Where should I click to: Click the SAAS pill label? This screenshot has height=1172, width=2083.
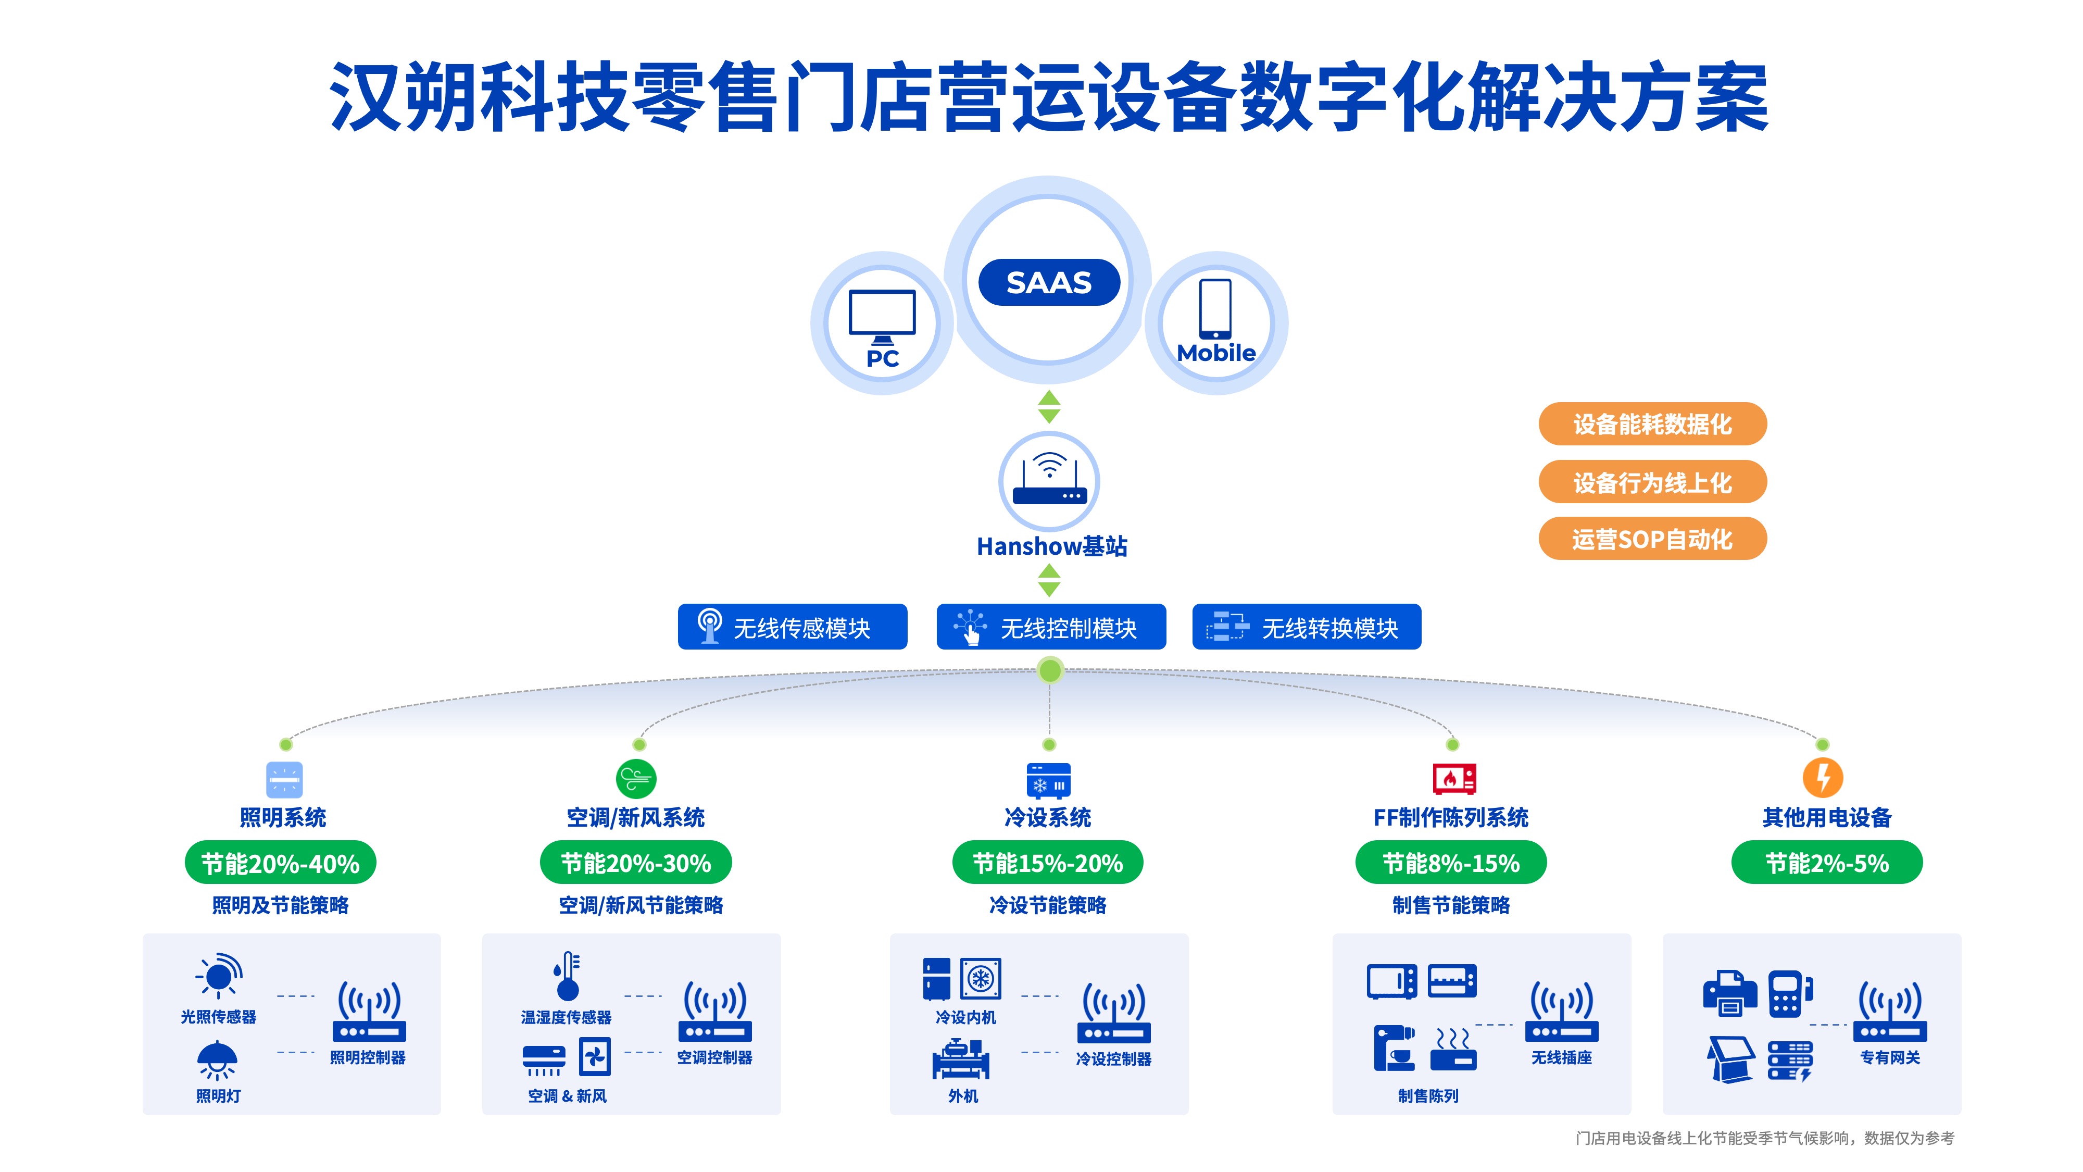click(1049, 282)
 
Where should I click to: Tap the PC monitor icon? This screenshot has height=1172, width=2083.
click(882, 316)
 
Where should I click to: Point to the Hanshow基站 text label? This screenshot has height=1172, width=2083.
click(1051, 547)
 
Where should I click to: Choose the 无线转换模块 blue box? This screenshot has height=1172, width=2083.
click(1306, 627)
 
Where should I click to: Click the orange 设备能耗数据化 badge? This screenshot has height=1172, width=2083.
click(1651, 424)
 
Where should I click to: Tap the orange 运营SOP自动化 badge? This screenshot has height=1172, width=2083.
click(1651, 539)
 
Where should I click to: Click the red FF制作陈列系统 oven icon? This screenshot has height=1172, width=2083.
click(1453, 779)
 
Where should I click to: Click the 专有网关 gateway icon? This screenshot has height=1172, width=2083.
click(1890, 1011)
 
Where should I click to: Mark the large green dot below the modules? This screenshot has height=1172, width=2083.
click(1050, 670)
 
